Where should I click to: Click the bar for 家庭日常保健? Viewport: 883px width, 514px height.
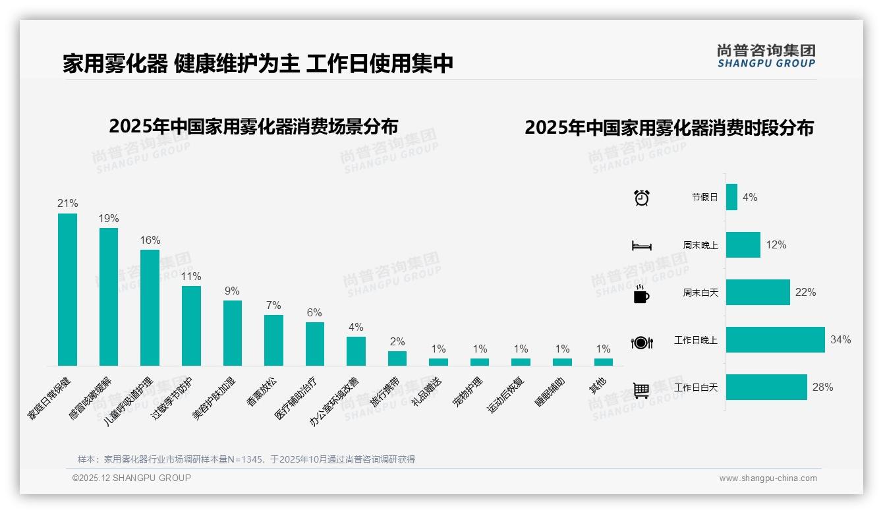coord(67,289)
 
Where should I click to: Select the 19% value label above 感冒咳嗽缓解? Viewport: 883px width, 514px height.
coord(109,218)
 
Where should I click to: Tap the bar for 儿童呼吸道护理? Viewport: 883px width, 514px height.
coord(150,307)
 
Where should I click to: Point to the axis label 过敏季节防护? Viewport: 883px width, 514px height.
coord(173,400)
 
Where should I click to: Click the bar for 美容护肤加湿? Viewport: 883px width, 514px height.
coord(232,333)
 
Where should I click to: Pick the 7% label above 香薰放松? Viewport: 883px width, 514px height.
coord(273,305)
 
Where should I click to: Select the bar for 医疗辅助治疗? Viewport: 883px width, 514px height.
coord(314,343)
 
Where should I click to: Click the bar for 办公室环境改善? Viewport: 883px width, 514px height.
coord(356,351)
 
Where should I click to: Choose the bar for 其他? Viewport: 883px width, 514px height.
coord(603,362)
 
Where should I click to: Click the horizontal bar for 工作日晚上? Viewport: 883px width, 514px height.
coord(775,340)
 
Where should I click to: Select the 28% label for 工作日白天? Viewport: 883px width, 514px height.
coord(822,387)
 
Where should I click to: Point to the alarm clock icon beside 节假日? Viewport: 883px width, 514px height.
coord(641,198)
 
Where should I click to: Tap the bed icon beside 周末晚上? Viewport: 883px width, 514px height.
coord(641,246)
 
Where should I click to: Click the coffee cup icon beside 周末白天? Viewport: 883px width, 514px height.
coord(641,293)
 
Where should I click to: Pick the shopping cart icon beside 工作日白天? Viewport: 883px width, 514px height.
coord(641,390)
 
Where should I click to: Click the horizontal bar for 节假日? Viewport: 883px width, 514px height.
coord(731,197)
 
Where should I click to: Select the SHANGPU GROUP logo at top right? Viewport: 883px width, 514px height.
coord(766,56)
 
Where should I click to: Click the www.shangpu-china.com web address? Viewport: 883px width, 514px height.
coord(768,478)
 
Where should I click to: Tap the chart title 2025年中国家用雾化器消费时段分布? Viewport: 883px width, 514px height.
coord(669,128)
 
